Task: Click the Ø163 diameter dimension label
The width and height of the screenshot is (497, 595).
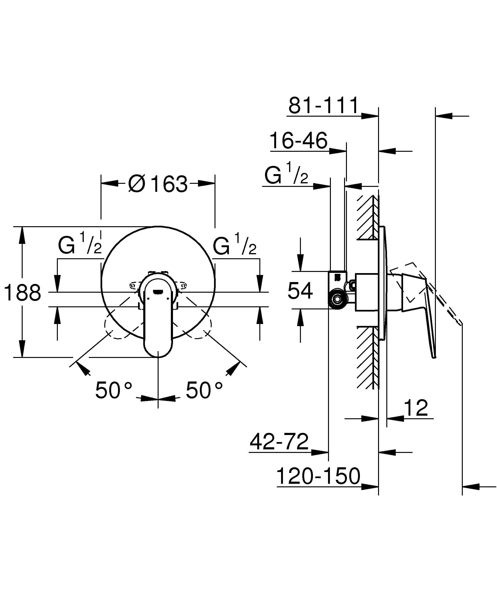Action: pyautogui.click(x=158, y=184)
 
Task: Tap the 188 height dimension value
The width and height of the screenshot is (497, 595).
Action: pyautogui.click(x=23, y=293)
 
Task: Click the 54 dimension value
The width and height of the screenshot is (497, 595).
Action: pyautogui.click(x=300, y=290)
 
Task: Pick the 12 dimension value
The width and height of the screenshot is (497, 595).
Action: pyautogui.click(x=416, y=408)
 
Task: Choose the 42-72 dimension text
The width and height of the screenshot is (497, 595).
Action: pyautogui.click(x=279, y=441)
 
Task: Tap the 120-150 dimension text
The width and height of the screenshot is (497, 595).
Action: pyautogui.click(x=318, y=476)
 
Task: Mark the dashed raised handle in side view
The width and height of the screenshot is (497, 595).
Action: pyautogui.click(x=442, y=300)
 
